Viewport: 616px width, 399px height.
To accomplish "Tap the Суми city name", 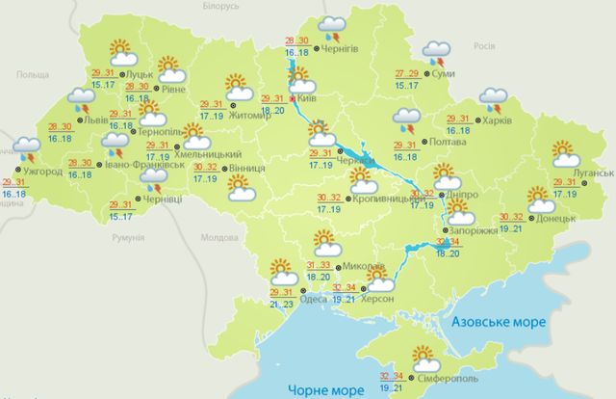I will (x=445, y=73).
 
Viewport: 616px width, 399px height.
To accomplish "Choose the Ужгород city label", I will (x=42, y=173).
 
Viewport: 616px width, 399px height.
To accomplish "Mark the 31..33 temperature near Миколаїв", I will (x=319, y=265).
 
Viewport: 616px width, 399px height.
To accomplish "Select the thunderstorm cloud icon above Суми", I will (x=437, y=51).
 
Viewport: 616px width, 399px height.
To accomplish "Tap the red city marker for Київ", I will (x=292, y=97).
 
